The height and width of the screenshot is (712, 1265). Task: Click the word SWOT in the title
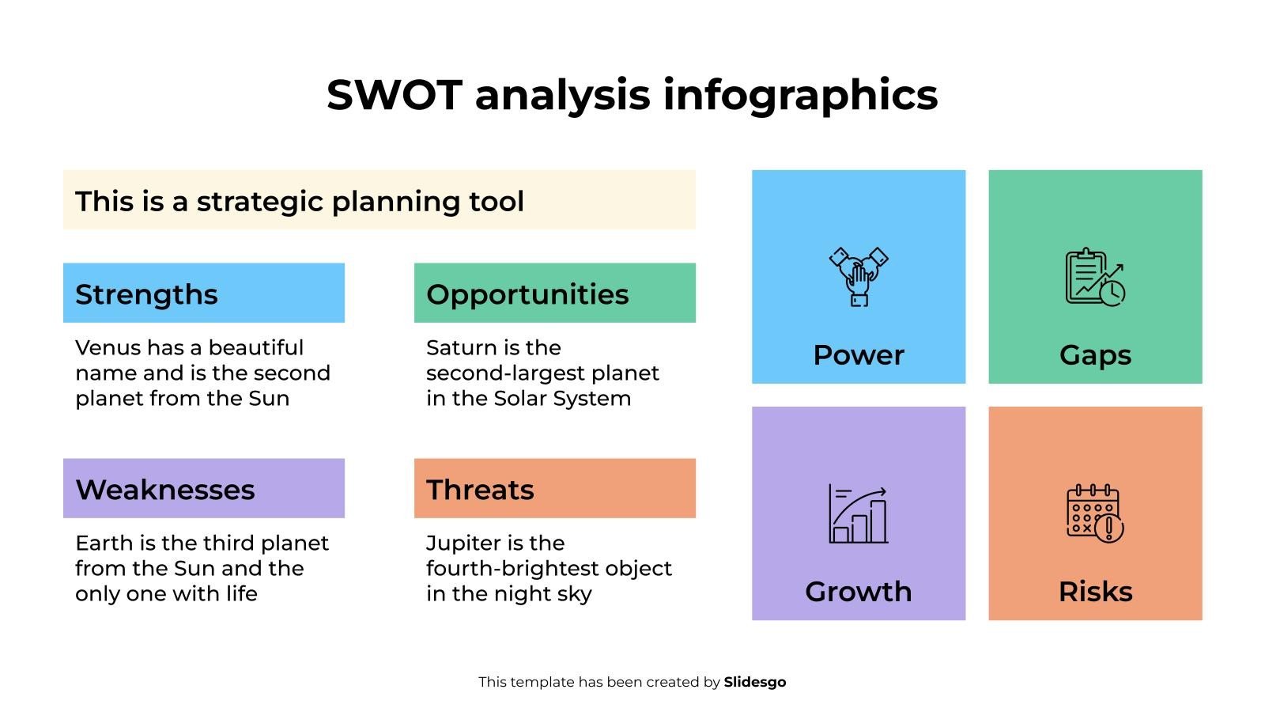pos(394,95)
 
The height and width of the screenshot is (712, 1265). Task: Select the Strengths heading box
pos(204,294)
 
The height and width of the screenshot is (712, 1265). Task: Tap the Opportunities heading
pos(527,294)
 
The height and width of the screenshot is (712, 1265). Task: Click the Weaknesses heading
pos(165,490)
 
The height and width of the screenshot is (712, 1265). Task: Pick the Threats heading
pos(480,490)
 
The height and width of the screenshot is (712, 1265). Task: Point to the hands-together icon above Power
pos(859,277)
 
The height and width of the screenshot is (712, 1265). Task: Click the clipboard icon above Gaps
pos(1095,277)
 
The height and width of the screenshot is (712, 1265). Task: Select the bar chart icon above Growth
pos(858,514)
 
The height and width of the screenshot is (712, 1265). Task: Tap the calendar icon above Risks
pos(1095,513)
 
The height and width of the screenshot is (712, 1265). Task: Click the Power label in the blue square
pos(859,355)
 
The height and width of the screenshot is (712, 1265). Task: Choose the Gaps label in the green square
pos(1095,355)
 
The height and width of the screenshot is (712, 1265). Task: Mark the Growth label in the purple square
pos(858,592)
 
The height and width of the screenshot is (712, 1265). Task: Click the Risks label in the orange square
pos(1095,592)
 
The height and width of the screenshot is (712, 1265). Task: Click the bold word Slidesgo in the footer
pos(755,682)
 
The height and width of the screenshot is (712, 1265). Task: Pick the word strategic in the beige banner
pos(260,202)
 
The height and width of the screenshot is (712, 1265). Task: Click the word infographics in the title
pos(799,95)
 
